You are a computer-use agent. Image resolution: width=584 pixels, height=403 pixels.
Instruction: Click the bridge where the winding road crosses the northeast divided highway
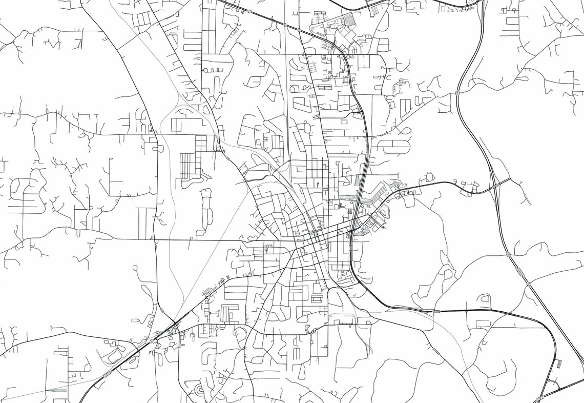456,93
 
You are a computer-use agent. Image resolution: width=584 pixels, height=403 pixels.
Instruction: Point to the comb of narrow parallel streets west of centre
187,166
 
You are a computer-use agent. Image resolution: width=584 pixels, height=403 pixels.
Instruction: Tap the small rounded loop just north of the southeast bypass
484,298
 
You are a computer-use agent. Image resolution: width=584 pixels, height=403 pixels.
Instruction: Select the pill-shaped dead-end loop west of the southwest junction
137,320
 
